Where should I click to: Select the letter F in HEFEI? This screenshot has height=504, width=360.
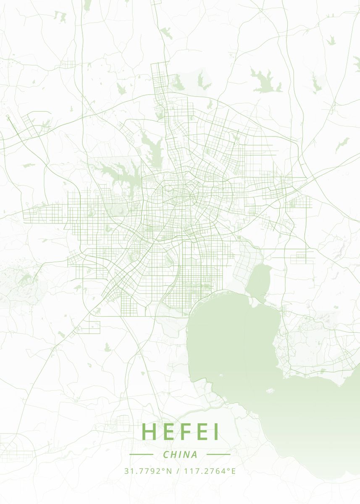click(187, 432)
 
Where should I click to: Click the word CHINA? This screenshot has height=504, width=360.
click(180, 454)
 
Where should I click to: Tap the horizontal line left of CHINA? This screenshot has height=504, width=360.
click(141, 454)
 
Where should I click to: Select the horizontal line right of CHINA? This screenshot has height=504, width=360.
click(218, 454)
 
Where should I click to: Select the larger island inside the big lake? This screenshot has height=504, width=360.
click(270, 391)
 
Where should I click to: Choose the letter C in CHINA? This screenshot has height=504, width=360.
click(166, 454)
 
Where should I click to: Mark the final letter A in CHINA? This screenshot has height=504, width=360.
click(194, 454)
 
